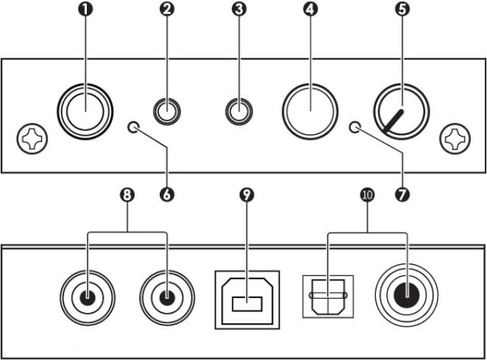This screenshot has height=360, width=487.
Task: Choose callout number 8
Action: coord(127,194)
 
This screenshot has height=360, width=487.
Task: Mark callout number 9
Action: coord(246,194)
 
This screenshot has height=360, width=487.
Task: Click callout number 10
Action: coord(366,194)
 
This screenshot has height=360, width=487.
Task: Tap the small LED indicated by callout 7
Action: coord(355,127)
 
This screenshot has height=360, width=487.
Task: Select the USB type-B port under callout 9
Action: coord(246,300)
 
